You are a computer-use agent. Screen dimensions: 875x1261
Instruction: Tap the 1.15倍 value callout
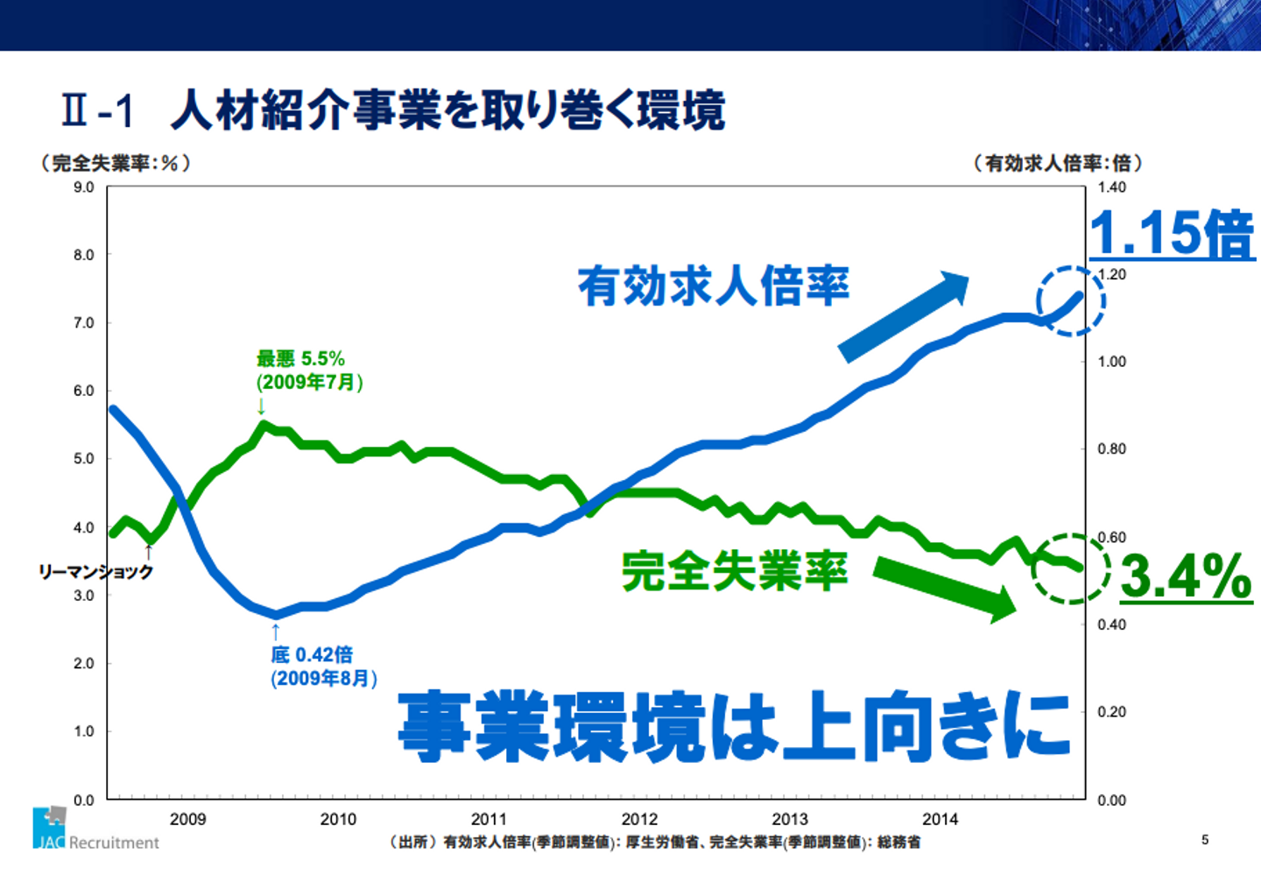point(1172,233)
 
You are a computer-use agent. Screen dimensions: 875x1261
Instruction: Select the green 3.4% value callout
point(1186,576)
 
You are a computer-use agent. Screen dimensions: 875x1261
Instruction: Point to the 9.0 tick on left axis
point(84,187)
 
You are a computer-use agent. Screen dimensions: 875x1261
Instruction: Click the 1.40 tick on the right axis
point(1111,187)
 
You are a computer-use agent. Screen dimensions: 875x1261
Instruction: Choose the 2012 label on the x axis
point(639,819)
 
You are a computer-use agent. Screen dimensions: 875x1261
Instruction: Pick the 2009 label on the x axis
point(187,819)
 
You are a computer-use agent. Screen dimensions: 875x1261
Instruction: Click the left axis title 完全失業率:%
point(115,163)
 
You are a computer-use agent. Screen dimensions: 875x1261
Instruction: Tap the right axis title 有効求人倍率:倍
point(1058,163)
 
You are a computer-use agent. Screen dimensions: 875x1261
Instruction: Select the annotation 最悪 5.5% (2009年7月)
point(308,370)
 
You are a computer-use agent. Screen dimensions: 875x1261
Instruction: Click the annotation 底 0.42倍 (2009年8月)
point(323,667)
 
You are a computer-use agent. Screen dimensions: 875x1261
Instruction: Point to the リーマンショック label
point(95,571)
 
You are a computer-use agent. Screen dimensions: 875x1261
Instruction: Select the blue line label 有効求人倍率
point(713,286)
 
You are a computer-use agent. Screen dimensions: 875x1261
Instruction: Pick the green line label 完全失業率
point(734,571)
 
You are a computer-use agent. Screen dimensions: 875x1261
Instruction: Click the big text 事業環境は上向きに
point(734,725)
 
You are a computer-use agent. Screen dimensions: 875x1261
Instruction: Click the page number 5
point(1205,839)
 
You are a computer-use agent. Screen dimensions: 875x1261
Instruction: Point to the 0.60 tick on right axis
point(1111,537)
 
